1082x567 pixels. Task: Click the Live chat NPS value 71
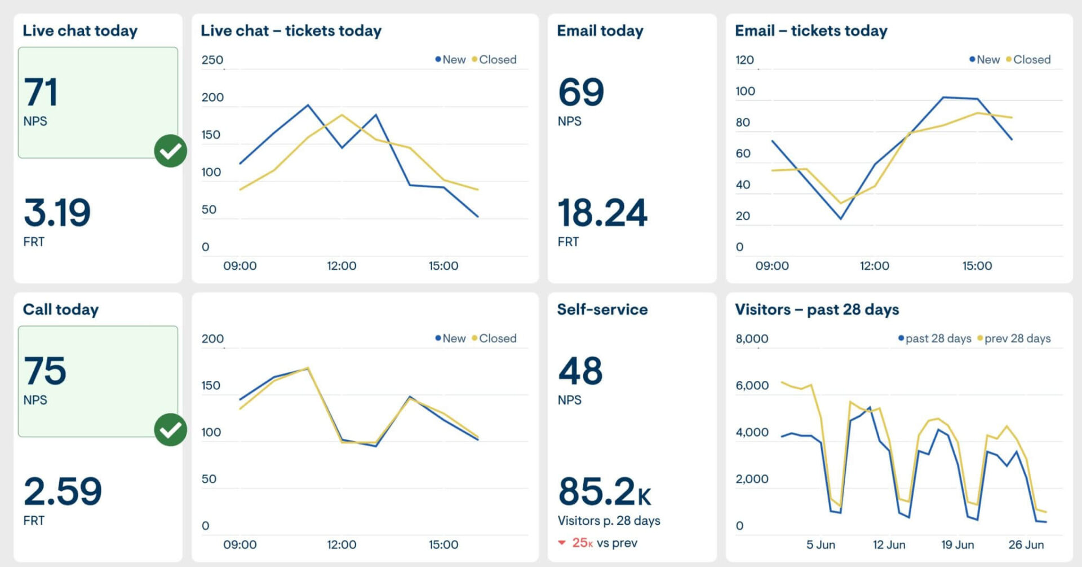tap(41, 93)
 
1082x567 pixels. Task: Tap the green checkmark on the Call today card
tap(170, 430)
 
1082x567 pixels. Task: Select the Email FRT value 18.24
tap(602, 213)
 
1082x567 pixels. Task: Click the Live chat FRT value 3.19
tap(57, 213)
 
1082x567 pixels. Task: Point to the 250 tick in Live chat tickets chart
tap(212, 60)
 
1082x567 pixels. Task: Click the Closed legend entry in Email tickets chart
tap(1031, 60)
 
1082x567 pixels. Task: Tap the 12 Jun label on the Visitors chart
tap(889, 544)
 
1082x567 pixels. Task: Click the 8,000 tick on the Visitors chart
tap(752, 339)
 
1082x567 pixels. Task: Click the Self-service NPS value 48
tap(580, 371)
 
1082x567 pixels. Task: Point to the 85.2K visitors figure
tap(604, 491)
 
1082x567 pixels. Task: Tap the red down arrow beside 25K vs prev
tap(561, 543)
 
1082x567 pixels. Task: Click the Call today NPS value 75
tap(45, 371)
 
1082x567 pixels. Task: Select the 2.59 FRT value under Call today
tap(63, 491)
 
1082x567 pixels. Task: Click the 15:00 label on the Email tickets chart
tap(977, 266)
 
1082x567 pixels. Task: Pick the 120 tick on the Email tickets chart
tap(744, 60)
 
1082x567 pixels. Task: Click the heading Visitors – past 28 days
tap(817, 309)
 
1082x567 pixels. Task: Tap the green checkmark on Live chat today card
tap(170, 151)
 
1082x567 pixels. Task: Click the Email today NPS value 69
tap(581, 93)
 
